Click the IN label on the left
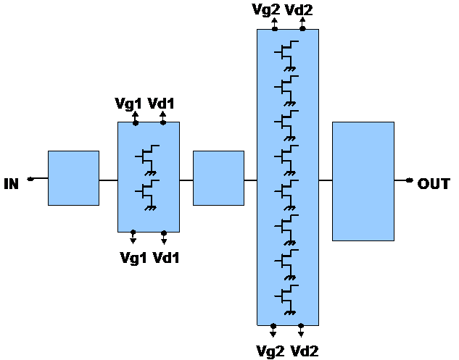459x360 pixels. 10,185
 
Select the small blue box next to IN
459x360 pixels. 73,178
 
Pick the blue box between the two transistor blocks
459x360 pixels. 218,178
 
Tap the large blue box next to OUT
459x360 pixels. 363,181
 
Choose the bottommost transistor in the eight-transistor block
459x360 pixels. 287,296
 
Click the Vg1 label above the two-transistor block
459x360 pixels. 128,104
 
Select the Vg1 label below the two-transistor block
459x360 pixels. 133,256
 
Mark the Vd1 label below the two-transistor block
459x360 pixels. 165,256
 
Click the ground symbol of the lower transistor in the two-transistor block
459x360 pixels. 152,208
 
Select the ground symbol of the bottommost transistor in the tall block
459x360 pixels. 291,312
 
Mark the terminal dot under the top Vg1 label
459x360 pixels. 134,122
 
